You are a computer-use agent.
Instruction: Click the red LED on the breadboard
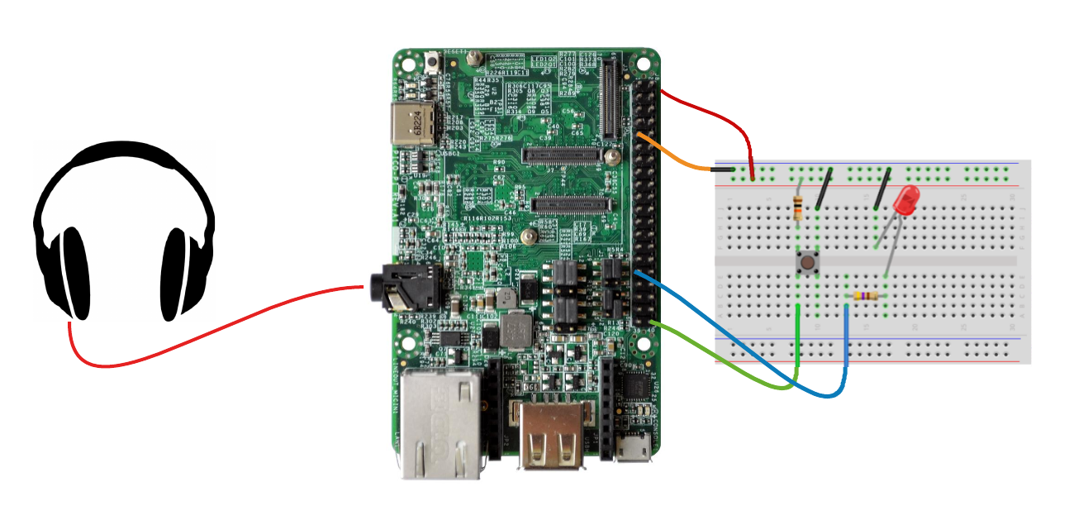906,201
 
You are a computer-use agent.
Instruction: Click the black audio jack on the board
397,285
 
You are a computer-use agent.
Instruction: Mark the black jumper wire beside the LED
883,187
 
